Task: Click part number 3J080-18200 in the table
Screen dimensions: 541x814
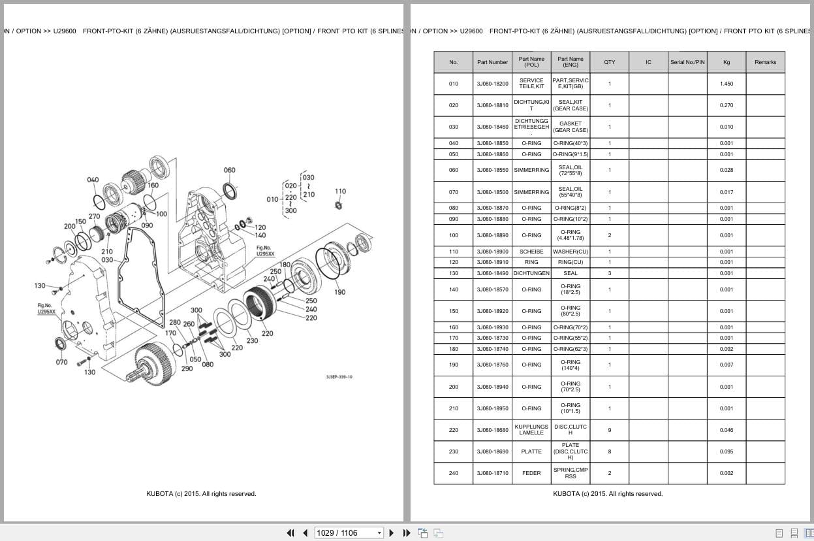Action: point(492,84)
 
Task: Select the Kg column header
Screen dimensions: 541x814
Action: point(727,62)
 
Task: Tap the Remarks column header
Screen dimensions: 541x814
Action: point(765,62)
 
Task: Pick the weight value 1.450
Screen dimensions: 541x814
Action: point(727,84)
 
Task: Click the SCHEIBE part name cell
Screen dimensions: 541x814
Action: point(531,252)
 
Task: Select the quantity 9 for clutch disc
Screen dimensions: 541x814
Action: point(609,430)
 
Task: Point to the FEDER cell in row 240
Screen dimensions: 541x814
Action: point(531,473)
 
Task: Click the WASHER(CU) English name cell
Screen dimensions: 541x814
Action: point(571,252)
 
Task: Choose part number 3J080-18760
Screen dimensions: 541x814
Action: point(492,365)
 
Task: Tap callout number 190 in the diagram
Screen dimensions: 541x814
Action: point(339,292)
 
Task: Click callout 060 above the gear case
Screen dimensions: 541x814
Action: point(230,171)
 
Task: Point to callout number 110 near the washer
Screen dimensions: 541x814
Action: point(340,191)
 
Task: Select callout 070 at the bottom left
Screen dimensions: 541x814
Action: point(61,362)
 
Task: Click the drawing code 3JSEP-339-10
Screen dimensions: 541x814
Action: point(339,377)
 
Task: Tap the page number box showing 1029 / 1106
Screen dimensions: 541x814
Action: point(345,533)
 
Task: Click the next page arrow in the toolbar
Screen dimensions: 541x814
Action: point(392,533)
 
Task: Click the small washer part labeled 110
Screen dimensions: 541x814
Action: point(339,206)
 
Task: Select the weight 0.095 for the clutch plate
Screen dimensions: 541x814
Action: point(727,451)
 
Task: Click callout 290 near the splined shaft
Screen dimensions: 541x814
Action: point(187,369)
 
